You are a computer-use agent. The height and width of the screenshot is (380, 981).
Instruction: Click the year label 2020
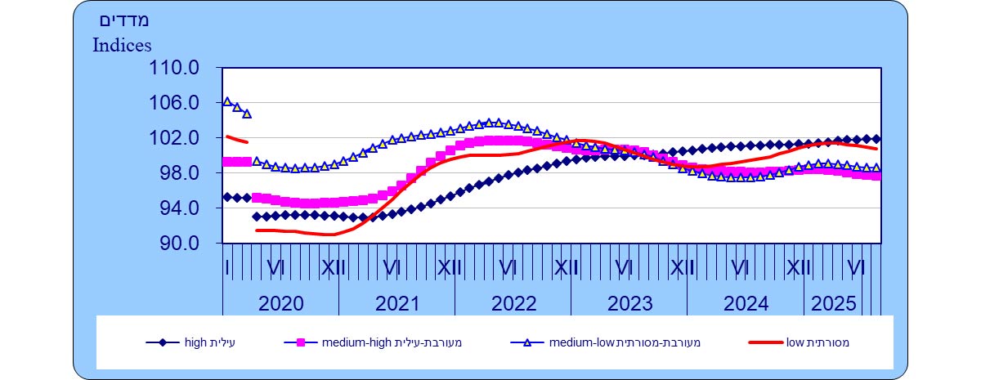280,304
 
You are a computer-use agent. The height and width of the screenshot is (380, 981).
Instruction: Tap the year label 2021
396,304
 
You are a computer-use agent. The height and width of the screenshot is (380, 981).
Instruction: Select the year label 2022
513,304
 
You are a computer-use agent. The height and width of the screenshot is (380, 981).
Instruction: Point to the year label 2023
629,304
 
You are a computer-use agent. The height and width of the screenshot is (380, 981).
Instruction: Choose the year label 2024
746,304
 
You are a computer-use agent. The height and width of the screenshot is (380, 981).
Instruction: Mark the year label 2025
833,304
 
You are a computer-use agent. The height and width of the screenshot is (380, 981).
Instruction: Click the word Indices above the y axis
122,45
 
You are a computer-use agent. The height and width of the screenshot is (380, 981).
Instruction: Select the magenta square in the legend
300,343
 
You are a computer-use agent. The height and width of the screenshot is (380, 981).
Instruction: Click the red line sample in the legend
765,343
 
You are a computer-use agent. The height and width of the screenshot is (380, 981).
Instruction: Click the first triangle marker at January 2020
227,101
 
